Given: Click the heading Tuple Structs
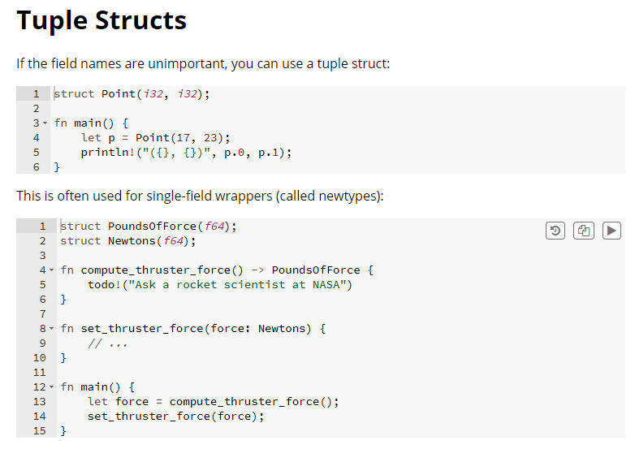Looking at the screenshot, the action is point(102,21).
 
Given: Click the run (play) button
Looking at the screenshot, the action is point(611,231).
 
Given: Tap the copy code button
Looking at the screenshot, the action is point(583,231).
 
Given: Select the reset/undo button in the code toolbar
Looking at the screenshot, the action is point(555,231).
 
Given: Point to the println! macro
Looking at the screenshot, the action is point(108,152).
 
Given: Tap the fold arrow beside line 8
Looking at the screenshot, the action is point(52,329).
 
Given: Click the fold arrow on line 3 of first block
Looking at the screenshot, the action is point(45,123).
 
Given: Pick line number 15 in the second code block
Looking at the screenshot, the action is point(40,431).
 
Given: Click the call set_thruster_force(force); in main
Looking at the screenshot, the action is point(175,417).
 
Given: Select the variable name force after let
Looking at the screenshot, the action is point(132,402).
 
